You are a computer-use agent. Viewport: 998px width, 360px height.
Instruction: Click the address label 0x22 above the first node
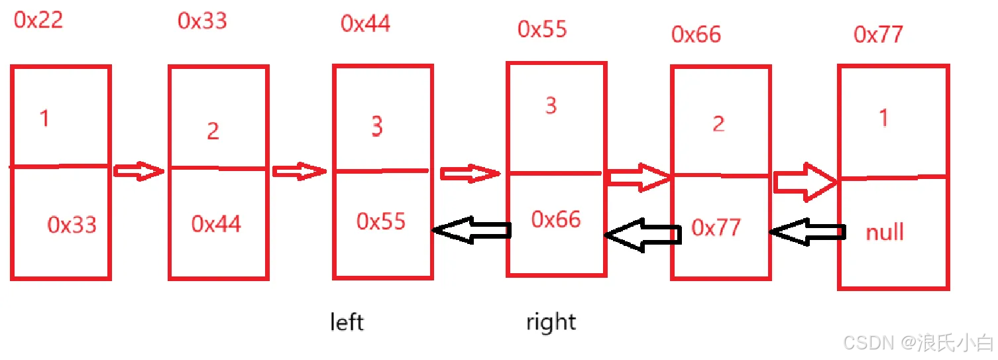[x=38, y=20]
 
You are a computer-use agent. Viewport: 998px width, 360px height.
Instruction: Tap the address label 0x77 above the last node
[x=878, y=34]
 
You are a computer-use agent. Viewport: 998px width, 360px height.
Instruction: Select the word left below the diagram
[x=347, y=322]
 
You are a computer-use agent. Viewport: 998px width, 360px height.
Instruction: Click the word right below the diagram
[x=551, y=322]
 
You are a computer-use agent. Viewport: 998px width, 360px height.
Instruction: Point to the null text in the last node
[x=884, y=232]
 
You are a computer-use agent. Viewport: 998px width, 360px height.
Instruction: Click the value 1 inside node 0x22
[x=44, y=119]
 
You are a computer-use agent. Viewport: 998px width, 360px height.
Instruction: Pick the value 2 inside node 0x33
[x=213, y=131]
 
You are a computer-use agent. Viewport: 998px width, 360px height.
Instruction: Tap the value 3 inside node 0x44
[x=376, y=126]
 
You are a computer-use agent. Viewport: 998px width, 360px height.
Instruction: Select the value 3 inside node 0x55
[x=551, y=106]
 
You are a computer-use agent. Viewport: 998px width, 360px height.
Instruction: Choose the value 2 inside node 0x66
[x=718, y=124]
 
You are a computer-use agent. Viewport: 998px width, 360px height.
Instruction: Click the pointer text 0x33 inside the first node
[x=72, y=225]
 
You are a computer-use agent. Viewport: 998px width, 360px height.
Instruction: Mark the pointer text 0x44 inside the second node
[x=216, y=223]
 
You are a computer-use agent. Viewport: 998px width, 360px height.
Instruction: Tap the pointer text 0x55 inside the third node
[x=380, y=221]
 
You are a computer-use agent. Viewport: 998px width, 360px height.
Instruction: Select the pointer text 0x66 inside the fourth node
[x=555, y=219]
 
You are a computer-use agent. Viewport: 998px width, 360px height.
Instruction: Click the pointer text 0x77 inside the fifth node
[x=716, y=228]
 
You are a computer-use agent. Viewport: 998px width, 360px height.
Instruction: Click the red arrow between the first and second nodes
[x=139, y=171]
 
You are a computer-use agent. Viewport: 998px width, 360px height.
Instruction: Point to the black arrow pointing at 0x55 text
[x=471, y=230]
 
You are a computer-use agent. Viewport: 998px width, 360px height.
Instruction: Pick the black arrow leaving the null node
[x=808, y=231]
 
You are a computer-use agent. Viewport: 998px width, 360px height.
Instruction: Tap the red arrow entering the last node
[x=805, y=180]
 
